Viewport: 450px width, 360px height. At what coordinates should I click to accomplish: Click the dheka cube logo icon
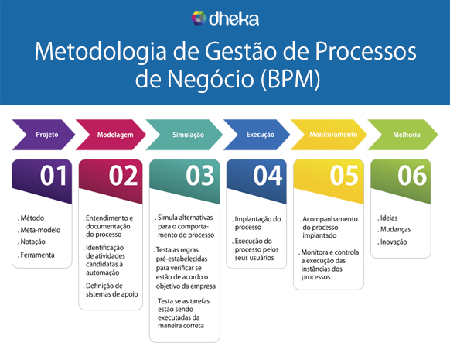[x=199, y=18]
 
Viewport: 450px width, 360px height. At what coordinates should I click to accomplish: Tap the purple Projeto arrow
[x=43, y=135]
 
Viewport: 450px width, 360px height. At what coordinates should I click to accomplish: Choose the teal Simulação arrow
[x=184, y=135]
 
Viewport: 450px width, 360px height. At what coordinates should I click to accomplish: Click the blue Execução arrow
[x=257, y=135]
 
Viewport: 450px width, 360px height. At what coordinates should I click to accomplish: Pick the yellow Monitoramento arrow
[x=329, y=135]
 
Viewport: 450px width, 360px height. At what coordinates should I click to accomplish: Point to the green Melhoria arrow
[x=403, y=135]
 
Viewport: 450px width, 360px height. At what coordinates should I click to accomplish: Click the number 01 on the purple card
[x=53, y=176]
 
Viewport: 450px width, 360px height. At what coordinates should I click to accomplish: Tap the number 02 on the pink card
[x=124, y=176]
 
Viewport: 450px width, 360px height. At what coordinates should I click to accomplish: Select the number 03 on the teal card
[x=200, y=176]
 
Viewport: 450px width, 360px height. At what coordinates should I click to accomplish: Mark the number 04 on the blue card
[x=268, y=176]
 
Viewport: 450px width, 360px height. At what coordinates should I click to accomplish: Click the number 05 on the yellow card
[x=344, y=176]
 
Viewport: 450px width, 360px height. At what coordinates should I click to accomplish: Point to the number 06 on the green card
[x=412, y=176]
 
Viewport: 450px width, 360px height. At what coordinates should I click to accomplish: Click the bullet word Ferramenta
[x=37, y=255]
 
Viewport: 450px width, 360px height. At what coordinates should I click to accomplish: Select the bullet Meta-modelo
[x=40, y=230]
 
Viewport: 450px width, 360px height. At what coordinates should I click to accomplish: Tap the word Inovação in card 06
[x=394, y=242]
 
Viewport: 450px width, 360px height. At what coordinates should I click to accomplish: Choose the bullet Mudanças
[x=395, y=230]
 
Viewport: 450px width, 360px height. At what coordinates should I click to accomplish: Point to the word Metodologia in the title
[x=101, y=52]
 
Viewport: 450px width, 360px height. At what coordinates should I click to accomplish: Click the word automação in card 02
[x=103, y=273]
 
